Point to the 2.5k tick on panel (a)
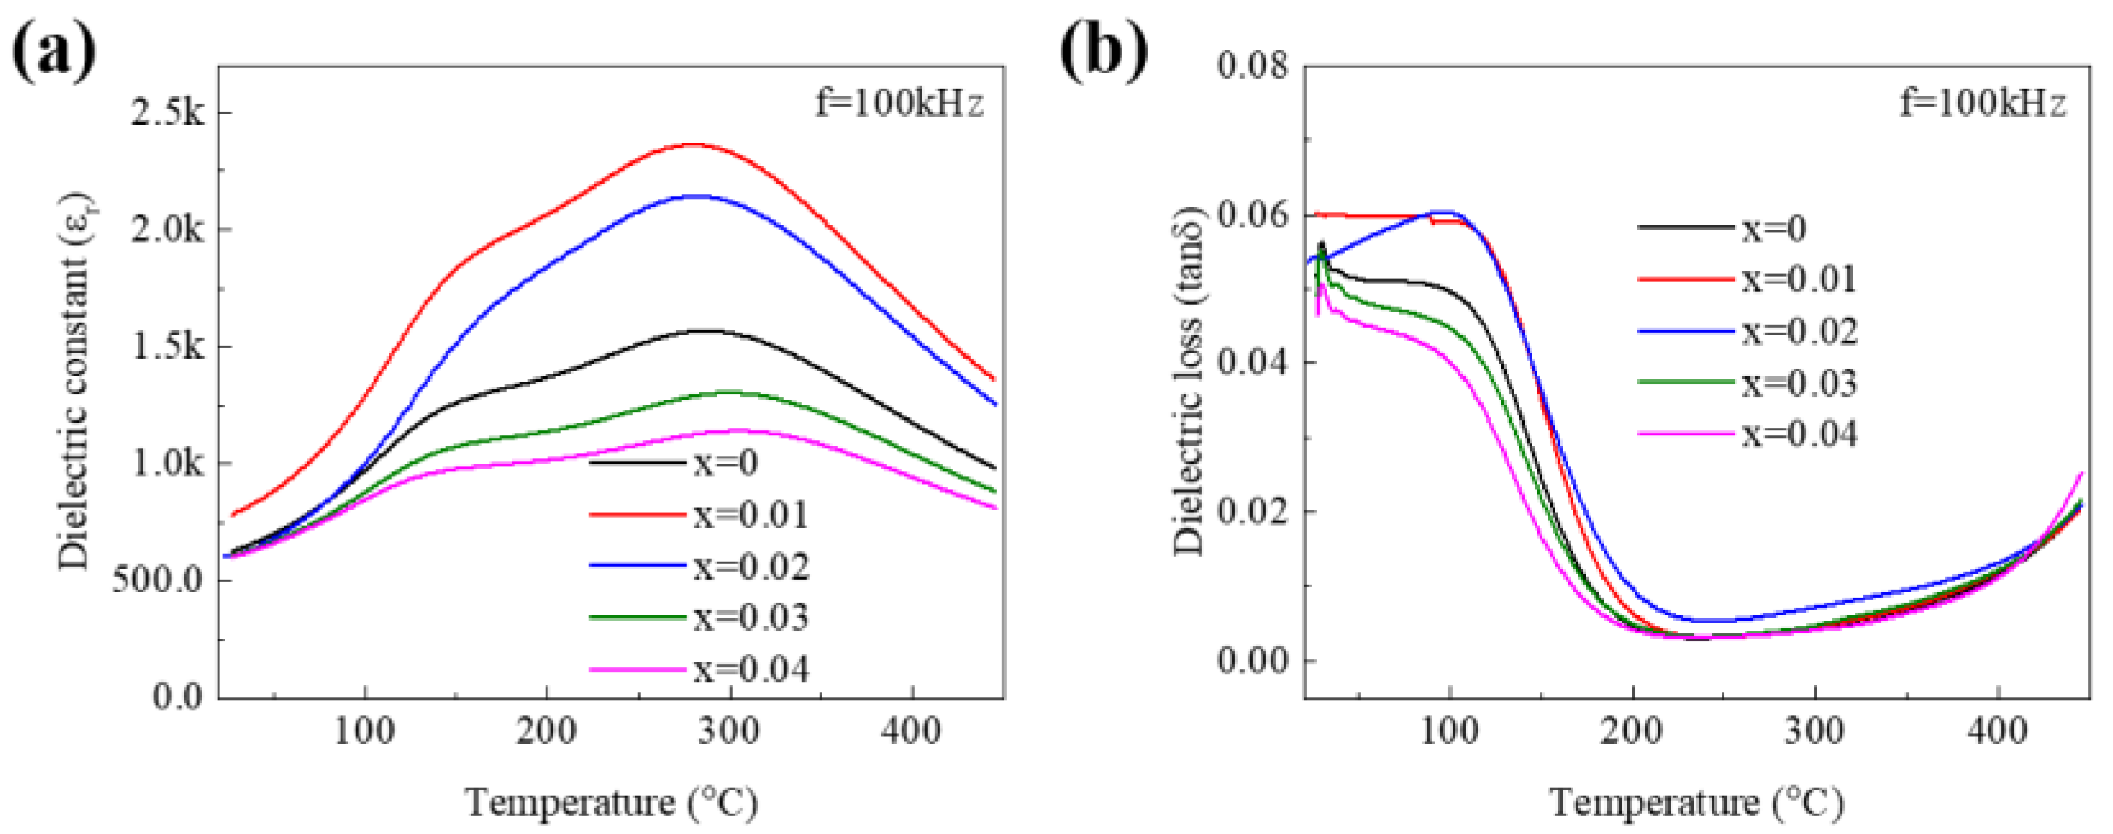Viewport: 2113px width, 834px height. tap(167, 112)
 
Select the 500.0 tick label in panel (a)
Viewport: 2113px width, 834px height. tap(158, 580)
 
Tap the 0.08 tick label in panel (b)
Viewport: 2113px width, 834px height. tap(1253, 65)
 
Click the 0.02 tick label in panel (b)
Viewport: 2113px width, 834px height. tap(1253, 511)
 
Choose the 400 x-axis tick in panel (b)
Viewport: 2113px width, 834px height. tap(1997, 732)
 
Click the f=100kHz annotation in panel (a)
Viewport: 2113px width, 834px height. tap(899, 104)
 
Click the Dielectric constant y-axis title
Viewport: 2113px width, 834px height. tap(75, 381)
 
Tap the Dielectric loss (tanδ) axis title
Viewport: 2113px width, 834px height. tap(1188, 381)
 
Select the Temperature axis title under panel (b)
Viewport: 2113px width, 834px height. tap(1696, 803)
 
